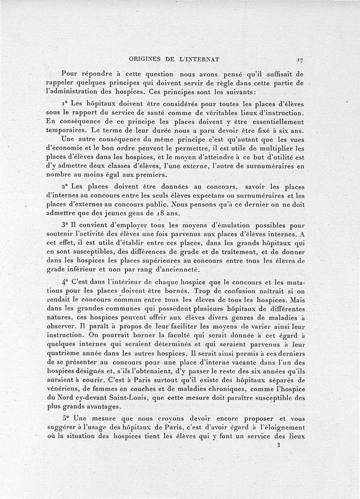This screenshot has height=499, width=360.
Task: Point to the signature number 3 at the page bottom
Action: point(279,445)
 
